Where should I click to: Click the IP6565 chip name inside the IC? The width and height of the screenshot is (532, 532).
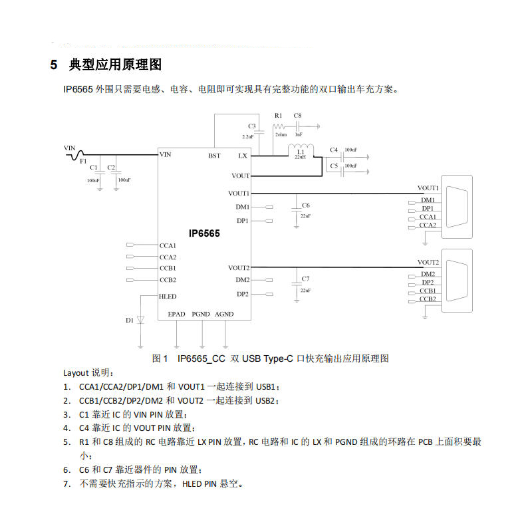[204, 233]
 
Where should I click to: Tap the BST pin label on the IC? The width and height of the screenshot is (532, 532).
[214, 156]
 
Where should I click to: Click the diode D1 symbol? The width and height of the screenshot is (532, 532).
[140, 320]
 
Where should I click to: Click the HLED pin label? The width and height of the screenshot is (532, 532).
[168, 296]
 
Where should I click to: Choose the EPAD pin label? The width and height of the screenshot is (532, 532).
[176, 314]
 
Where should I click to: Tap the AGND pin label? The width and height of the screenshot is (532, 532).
[224, 314]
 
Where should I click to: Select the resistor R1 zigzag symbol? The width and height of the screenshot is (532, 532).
[279, 125]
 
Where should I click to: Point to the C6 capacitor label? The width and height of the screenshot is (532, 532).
[305, 205]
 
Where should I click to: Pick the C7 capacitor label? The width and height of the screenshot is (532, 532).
[305, 279]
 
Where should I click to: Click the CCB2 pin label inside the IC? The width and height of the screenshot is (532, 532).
[168, 279]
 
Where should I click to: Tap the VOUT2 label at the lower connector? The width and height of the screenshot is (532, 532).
[428, 263]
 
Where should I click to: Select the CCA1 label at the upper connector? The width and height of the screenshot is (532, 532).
[428, 217]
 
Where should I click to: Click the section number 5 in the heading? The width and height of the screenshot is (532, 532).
[54, 65]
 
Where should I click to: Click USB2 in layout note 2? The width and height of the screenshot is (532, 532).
[265, 400]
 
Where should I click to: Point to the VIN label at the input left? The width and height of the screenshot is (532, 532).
[70, 147]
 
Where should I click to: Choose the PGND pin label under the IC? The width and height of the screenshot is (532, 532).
[200, 314]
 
